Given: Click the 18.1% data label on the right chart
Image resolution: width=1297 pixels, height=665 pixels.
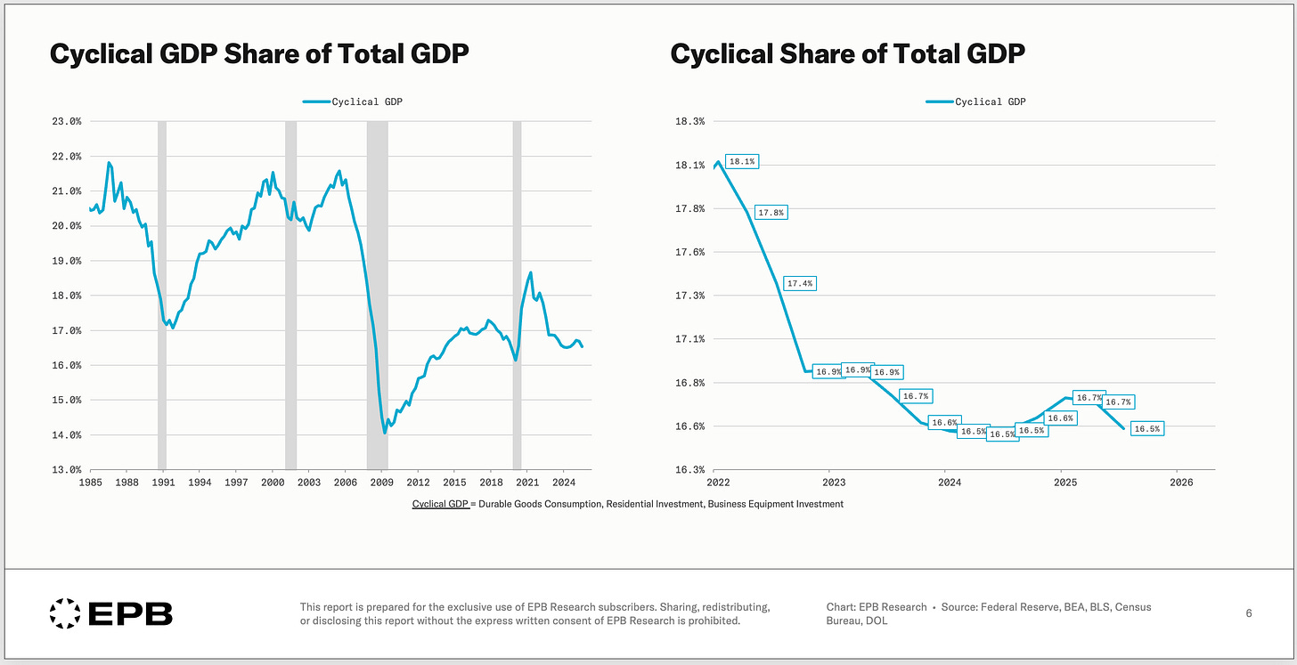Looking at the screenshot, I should point(741,162).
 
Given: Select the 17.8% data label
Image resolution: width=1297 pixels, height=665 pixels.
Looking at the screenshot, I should point(771,213).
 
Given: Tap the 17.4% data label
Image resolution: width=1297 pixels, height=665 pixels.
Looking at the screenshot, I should point(800,283).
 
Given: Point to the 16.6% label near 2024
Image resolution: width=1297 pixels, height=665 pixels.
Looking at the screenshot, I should point(944,423).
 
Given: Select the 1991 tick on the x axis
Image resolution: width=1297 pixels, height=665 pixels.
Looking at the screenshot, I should point(163,483).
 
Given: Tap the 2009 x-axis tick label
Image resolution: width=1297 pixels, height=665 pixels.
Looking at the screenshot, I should point(381,483).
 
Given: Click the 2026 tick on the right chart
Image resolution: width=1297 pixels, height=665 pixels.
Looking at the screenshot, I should point(1181,483).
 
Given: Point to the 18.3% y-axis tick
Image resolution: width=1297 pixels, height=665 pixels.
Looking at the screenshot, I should point(692,121).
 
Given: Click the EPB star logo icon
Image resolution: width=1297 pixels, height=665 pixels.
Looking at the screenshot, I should point(64,612).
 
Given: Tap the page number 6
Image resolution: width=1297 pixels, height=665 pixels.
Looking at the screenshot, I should point(1248,613).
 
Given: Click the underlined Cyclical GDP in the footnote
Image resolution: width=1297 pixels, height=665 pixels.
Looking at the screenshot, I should point(440,504).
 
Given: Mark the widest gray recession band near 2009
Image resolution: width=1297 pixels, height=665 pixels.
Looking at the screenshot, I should point(378,294).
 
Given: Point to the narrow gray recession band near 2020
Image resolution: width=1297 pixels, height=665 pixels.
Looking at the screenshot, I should point(517,294).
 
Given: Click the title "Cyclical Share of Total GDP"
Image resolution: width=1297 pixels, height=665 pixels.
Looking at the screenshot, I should point(847,54).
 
